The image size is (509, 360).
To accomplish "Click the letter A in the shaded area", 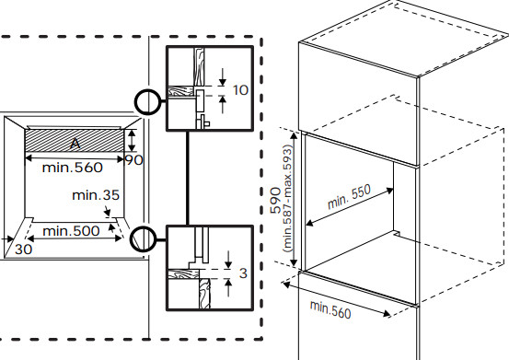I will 75,144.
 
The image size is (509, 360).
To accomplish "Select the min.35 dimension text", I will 97,195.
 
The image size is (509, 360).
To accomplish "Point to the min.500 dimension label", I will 72,229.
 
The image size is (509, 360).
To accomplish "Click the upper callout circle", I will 146,101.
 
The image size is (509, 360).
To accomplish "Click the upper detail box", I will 208,88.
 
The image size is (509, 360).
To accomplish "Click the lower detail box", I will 208,268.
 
